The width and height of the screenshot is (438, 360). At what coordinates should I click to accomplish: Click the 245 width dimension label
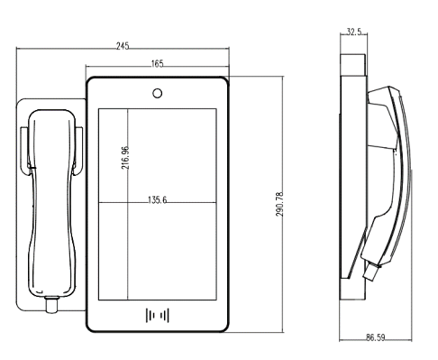[x=123, y=46]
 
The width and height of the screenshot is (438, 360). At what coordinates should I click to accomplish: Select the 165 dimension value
[x=157, y=63]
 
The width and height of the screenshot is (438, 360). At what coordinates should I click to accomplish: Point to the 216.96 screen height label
[x=125, y=158]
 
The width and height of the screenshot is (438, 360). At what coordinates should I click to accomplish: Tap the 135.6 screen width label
[x=157, y=199]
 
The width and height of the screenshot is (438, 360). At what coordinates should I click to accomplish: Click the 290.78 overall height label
[x=279, y=204]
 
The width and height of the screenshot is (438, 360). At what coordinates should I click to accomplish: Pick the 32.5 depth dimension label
[x=354, y=32]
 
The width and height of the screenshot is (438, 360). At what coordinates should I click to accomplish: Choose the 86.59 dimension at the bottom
[x=375, y=337]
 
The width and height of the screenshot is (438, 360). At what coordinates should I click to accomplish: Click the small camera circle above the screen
[x=157, y=93]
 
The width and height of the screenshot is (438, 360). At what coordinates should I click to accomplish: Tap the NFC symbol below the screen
[x=158, y=315]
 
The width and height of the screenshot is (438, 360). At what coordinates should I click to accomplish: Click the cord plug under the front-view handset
[x=52, y=305]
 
